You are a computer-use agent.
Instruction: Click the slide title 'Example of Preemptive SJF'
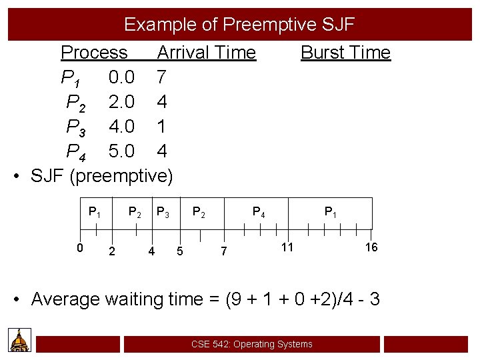point(239,25)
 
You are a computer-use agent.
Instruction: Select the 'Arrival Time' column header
point(206,52)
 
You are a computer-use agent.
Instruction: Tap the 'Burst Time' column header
point(345,52)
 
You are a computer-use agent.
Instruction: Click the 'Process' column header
point(94,52)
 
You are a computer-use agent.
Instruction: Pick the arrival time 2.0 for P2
point(121,102)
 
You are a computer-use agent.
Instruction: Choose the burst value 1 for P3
point(161,126)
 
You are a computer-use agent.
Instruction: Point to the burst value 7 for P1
point(161,77)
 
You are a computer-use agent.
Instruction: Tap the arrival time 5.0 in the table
point(121,151)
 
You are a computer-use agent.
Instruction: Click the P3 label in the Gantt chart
point(163,212)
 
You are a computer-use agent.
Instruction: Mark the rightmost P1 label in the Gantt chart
point(330,212)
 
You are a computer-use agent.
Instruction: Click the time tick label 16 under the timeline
point(371,247)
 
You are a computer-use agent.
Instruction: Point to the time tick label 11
point(287,247)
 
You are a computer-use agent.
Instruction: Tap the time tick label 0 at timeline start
point(79,248)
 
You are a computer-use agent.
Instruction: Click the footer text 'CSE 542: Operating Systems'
point(251,344)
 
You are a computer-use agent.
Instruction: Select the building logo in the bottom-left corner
point(20,341)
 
